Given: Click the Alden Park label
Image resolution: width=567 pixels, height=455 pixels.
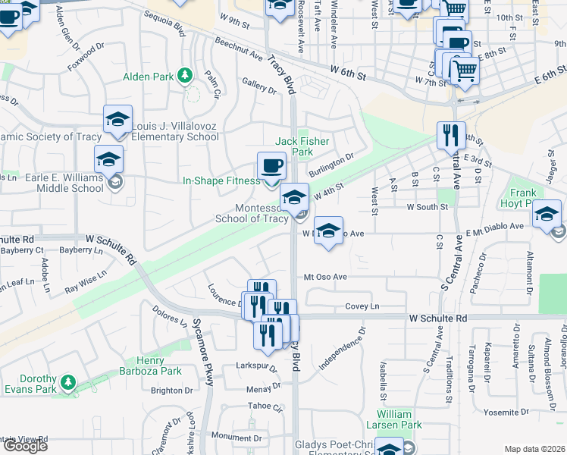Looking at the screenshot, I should click(x=149, y=76).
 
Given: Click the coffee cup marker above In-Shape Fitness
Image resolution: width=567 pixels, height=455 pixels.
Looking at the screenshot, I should click(x=271, y=167).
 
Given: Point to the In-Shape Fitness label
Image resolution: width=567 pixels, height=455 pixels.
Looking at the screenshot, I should click(x=221, y=180).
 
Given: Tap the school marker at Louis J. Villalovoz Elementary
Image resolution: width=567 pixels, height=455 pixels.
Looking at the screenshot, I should click(x=117, y=120).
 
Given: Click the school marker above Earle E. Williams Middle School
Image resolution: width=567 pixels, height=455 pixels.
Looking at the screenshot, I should click(x=108, y=160).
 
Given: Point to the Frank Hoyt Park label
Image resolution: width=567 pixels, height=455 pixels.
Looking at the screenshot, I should click(x=523, y=198).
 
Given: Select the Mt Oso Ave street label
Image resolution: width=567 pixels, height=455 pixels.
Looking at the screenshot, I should click(x=325, y=278).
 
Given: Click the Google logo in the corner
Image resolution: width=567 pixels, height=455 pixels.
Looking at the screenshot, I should click(x=25, y=446).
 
